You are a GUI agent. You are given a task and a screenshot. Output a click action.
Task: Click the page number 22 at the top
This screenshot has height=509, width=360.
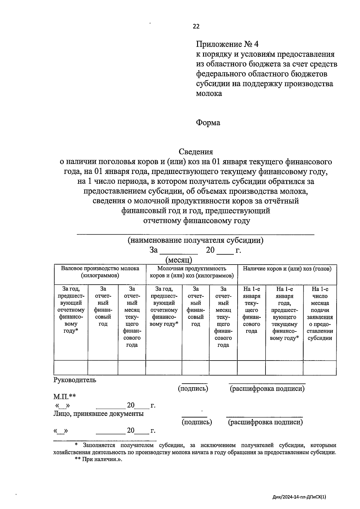tap(196, 26)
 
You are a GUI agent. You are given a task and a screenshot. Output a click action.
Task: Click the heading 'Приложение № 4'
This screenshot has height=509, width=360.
tap(227, 44)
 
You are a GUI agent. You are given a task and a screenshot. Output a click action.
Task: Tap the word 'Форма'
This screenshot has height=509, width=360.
tap(208, 123)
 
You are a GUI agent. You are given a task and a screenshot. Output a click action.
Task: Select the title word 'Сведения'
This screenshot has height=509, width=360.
tap(196, 152)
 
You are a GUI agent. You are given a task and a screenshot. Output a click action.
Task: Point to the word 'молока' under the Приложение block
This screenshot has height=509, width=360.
tap(209, 93)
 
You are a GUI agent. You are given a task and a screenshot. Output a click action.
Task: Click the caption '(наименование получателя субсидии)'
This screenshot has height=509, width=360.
tap(195, 240)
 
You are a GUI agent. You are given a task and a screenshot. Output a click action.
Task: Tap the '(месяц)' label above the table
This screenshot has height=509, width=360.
tap(178, 260)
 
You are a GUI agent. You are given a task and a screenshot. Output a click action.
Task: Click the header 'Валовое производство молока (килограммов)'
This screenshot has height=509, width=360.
tap(100, 272)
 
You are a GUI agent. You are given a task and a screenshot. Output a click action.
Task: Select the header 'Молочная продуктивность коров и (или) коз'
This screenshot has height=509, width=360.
tap(192, 272)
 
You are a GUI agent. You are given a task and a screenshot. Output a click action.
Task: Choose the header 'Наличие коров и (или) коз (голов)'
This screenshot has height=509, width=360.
tap(287, 269)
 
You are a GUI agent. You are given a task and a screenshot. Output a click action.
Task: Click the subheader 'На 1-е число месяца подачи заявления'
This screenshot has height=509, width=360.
tap(320, 313)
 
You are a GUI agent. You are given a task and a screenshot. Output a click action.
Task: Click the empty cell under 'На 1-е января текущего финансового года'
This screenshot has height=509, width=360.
tap(251, 368)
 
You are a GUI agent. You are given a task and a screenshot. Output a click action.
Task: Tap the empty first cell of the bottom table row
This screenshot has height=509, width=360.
tap(71, 368)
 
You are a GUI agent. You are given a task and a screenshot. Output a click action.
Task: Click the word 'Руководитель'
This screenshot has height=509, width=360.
tap(75, 380)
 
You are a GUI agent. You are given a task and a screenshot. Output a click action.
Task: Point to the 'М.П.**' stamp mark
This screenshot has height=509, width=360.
tap(64, 397)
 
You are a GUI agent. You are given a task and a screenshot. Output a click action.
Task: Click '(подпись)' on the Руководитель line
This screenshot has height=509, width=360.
tap(193, 389)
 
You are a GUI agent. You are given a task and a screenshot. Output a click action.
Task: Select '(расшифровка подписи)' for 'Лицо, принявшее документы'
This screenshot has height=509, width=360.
tap(265, 422)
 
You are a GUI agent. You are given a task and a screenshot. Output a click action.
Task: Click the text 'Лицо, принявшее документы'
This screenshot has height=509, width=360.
tap(98, 414)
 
